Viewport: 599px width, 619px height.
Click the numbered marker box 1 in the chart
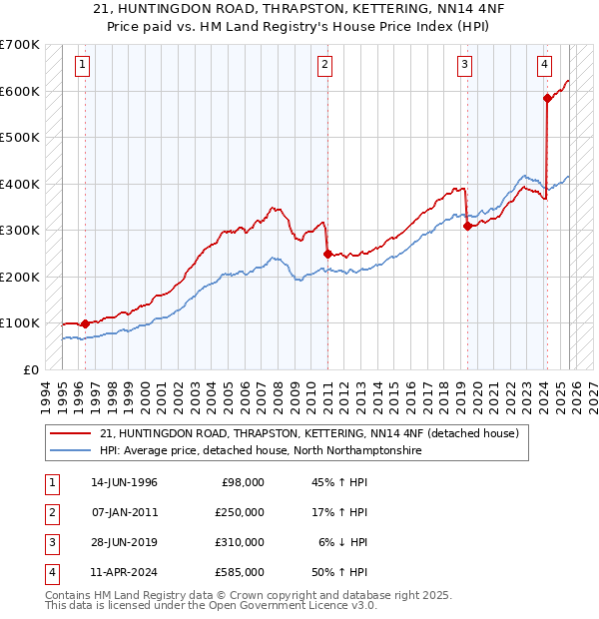81,66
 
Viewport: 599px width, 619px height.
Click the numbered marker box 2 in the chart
325,66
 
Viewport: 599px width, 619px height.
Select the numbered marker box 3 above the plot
465,66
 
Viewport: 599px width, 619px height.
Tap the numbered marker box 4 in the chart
544,66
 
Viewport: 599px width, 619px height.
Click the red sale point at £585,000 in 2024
547,98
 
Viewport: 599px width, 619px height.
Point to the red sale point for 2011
327,254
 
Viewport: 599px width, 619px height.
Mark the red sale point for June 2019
467,226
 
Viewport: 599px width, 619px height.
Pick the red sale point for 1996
86,323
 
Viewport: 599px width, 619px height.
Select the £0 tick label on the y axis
30,369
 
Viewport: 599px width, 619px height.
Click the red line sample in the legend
71,434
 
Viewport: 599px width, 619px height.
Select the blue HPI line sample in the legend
71,451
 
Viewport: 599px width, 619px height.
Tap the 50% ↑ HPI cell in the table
338,572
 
